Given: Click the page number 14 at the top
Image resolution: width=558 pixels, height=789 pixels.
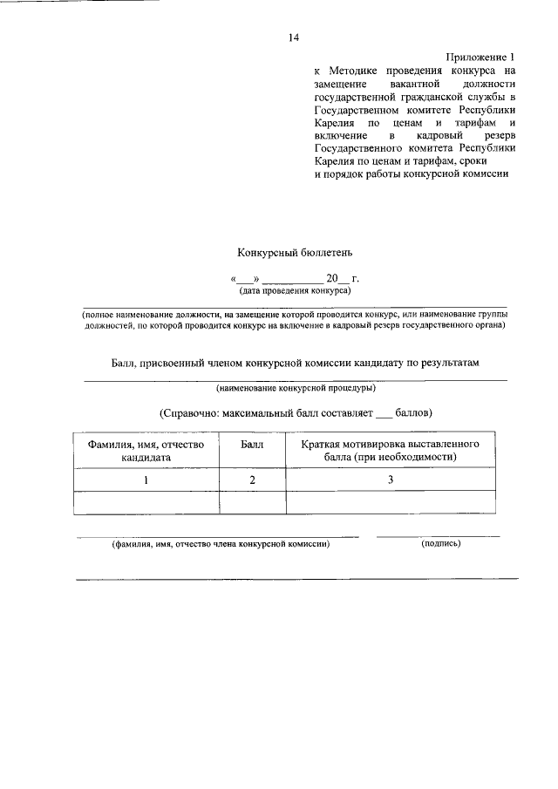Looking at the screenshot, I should tap(293, 37).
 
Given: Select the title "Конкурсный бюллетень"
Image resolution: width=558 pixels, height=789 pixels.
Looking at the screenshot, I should tap(295, 253).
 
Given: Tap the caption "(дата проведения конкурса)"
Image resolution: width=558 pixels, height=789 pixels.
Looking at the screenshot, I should tap(295, 290).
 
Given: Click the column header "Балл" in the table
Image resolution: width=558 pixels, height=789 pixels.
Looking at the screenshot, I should tap(252, 444).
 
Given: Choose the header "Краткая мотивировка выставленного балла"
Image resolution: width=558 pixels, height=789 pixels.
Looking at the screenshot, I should tap(391, 450).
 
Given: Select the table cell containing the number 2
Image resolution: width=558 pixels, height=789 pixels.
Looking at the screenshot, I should tap(252, 480).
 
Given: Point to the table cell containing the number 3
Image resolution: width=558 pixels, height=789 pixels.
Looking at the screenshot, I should tap(391, 480).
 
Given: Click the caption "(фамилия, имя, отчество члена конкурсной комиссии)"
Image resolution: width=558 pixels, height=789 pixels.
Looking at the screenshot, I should tap(220, 544).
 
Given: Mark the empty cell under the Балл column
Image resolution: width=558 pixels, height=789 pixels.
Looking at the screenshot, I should tap(252, 502).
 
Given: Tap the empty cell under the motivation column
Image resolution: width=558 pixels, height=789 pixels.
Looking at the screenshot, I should tap(391, 502).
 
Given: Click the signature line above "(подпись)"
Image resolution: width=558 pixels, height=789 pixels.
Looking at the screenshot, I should tap(439, 534).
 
